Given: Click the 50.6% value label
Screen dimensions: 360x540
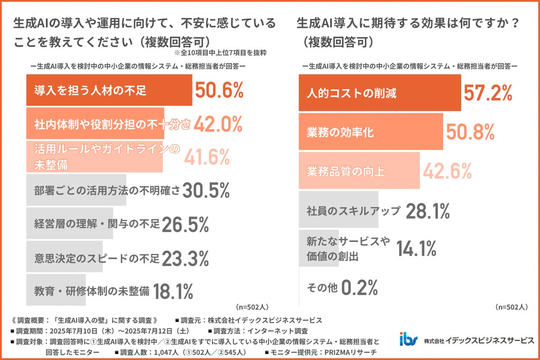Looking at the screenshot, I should point(219,90).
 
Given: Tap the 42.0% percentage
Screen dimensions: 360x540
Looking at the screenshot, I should point(218,124).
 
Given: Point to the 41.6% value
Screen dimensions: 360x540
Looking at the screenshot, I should point(207,157).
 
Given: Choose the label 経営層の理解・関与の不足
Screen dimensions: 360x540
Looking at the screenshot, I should point(97,224).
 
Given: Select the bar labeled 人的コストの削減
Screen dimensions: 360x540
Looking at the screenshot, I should point(380,93).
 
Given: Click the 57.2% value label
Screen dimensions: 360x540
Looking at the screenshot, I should point(488,93).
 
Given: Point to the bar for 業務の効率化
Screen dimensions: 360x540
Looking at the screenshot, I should point(371,132).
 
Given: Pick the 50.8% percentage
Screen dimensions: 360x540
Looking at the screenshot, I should point(470,132).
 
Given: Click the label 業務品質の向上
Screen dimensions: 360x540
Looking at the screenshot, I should point(346,171).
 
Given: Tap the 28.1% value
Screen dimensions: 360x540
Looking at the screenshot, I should point(427,210).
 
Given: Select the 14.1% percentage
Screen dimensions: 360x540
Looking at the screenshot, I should point(416,248).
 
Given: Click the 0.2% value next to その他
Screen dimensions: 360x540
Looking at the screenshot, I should point(359,287).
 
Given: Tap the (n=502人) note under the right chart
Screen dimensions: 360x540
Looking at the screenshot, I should point(511,307).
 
